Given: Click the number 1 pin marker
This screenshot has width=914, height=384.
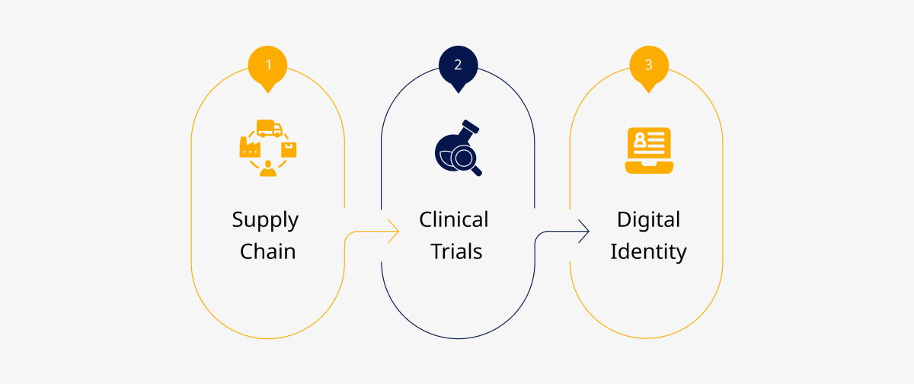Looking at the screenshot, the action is (267, 67).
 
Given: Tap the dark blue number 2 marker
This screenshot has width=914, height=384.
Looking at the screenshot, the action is (459, 67).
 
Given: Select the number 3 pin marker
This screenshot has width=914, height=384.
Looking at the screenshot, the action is (649, 67).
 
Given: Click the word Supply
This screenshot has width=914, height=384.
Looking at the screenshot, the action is (265, 221).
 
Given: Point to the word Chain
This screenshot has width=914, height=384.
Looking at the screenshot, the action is (267, 251).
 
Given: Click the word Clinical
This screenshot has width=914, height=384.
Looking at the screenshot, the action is (454, 219).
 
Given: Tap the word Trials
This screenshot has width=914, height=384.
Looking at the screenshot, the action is (456, 251).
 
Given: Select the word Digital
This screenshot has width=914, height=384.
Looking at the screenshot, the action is (648, 221).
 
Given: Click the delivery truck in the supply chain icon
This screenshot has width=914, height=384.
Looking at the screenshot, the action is (270, 128).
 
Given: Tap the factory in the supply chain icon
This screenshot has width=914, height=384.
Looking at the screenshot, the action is (250, 147).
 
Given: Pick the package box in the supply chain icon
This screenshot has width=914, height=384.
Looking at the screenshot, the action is (289, 150).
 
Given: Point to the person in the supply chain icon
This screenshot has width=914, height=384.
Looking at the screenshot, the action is (268, 168).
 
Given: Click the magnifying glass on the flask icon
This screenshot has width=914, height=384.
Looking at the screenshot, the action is (466, 161).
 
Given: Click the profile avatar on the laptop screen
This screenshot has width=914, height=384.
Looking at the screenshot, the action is (640, 140).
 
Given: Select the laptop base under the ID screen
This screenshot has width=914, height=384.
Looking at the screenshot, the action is (649, 168).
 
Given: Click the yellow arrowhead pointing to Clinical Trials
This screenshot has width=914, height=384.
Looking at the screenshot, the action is (393, 232).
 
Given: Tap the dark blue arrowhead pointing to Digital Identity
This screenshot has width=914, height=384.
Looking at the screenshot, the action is (583, 232).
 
